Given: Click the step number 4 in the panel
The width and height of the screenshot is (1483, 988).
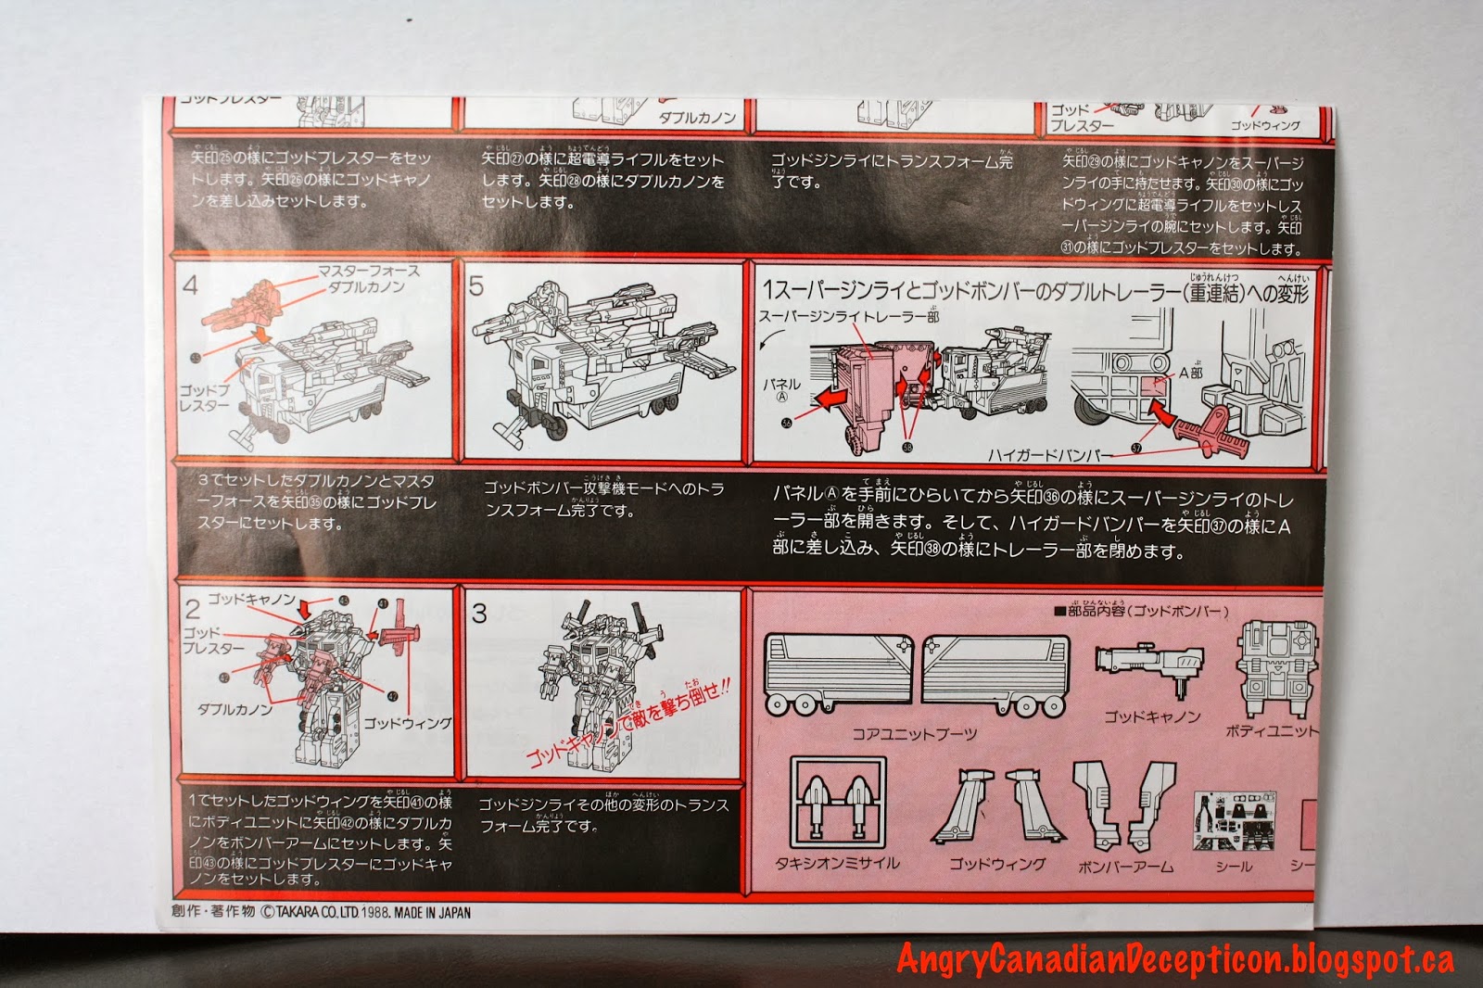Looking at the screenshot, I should [190, 285].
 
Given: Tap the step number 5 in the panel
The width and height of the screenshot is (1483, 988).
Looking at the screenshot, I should [476, 285].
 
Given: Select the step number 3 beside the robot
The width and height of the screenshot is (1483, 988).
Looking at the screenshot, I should [479, 612].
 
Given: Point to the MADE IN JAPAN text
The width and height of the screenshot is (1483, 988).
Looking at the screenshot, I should [432, 912].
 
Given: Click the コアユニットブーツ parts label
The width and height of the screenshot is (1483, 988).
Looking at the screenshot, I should [913, 734].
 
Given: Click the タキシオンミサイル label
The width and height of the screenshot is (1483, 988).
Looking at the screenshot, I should [844, 863].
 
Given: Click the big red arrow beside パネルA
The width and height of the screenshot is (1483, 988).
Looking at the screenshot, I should [832, 397].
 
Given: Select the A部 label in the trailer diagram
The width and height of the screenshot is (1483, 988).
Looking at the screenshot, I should [1190, 373].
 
